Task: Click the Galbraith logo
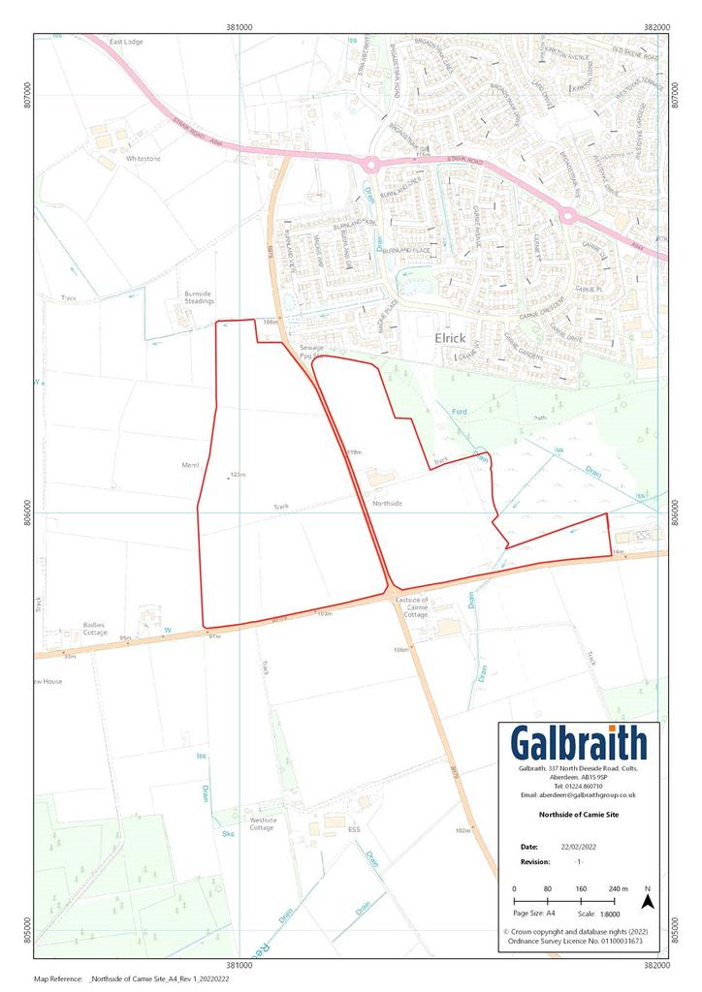tap(578, 744)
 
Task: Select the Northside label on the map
tap(387, 504)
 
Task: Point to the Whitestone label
tap(143, 158)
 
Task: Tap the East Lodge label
tap(126, 43)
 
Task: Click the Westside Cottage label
tap(262, 822)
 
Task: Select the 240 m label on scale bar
tap(618, 888)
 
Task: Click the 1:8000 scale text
tap(595, 913)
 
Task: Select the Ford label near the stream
tap(462, 413)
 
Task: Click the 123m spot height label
tap(238, 475)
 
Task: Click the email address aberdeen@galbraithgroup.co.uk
tap(580, 794)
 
